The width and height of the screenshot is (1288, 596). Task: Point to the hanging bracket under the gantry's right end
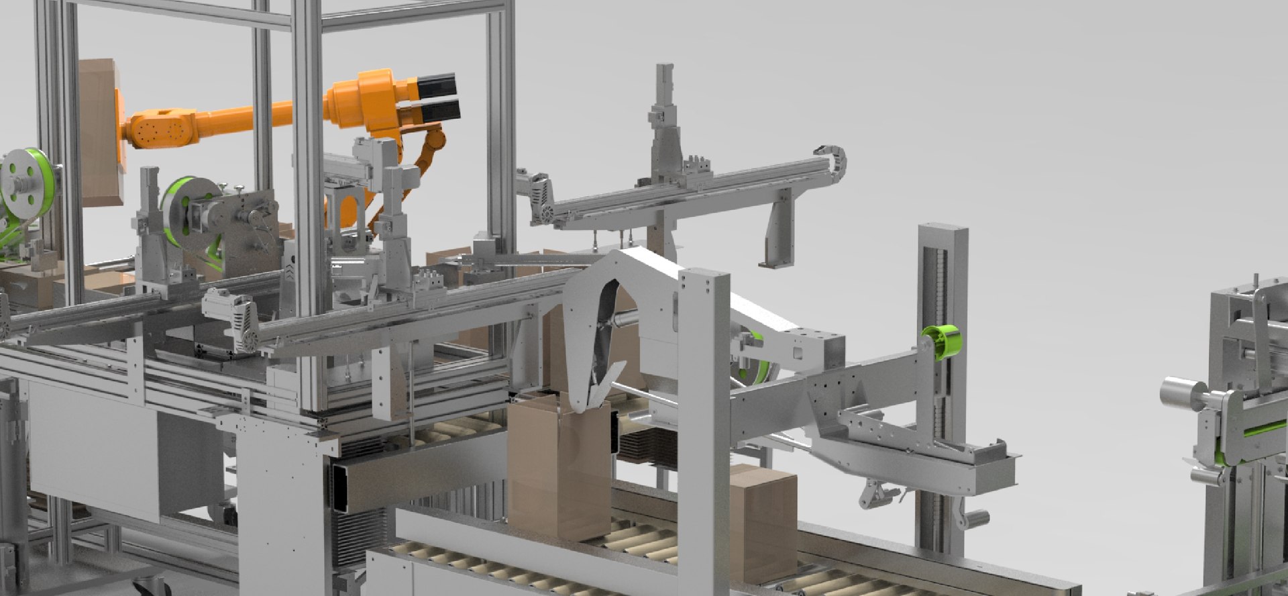pyautogui.click(x=776, y=232)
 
